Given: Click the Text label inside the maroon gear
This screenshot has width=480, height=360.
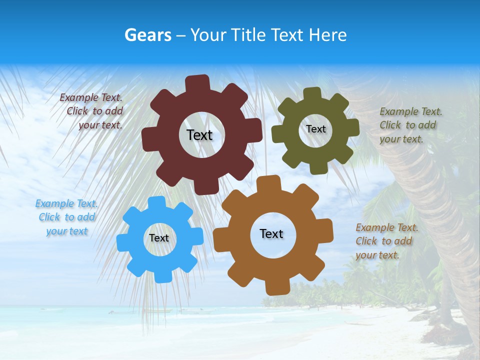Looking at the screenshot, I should click(199, 135).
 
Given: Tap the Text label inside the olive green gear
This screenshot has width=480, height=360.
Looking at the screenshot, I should click(315, 129).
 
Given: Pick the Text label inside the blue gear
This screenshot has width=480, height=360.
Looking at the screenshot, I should click(159, 238).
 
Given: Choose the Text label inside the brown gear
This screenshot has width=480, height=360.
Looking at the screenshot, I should click(271, 233).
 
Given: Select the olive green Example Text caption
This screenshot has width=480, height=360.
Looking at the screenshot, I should click(410, 125).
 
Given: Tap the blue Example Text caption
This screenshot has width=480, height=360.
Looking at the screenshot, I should click(66, 217).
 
